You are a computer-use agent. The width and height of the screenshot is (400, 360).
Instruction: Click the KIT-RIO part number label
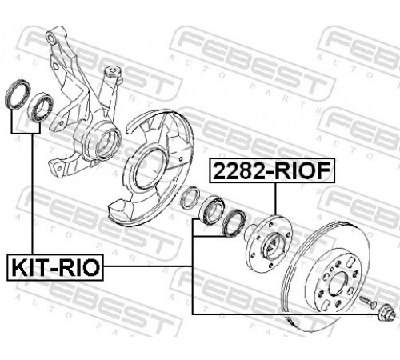(x=55, y=267)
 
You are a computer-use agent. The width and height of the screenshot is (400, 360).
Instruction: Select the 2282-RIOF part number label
(x=272, y=170)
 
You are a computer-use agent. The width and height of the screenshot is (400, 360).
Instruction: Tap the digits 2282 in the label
(x=238, y=170)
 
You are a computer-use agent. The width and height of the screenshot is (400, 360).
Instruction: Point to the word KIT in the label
(x=29, y=267)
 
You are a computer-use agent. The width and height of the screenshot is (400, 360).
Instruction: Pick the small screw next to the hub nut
(x=367, y=300)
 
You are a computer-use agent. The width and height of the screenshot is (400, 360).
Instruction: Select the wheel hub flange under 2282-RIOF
(x=269, y=243)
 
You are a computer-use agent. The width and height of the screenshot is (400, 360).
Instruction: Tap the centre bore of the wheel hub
(x=274, y=246)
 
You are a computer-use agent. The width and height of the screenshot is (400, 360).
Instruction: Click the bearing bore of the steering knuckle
(x=107, y=143)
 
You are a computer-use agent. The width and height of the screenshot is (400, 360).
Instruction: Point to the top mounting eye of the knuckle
(x=51, y=38)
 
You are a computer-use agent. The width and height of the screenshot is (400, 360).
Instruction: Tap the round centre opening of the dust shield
(x=149, y=168)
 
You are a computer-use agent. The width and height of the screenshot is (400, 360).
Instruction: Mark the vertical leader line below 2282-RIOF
(x=275, y=199)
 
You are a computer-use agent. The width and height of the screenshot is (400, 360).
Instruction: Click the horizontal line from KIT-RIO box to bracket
(x=147, y=266)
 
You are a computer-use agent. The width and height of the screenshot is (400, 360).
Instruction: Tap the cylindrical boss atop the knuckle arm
(x=113, y=75)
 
